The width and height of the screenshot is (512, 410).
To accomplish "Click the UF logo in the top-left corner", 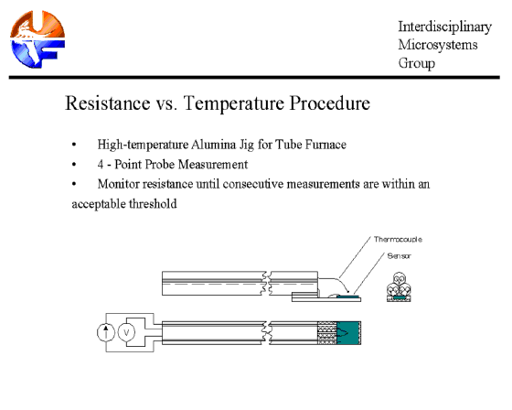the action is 37,39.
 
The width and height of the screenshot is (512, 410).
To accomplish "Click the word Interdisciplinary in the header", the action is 444,27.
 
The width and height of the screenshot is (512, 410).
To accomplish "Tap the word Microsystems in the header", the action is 438,45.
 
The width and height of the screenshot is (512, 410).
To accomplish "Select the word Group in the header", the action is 416,63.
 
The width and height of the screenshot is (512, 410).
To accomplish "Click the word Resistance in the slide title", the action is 108,103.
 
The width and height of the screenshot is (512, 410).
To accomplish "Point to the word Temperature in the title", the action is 233,103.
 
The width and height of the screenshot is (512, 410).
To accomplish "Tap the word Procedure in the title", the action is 330,103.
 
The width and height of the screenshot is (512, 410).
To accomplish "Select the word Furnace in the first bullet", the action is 325,145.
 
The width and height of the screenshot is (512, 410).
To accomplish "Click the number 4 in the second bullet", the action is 101,165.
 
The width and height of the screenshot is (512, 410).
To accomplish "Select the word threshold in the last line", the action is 153,204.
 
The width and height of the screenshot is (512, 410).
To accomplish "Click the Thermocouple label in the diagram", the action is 398,240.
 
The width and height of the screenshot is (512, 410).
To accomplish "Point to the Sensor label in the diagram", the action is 399,256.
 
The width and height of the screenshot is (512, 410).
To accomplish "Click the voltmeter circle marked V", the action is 126,333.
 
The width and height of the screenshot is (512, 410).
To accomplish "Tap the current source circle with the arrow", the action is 106,333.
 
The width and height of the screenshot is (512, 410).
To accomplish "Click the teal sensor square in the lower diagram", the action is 348,333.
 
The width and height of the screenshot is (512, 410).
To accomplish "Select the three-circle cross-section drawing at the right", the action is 399,286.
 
